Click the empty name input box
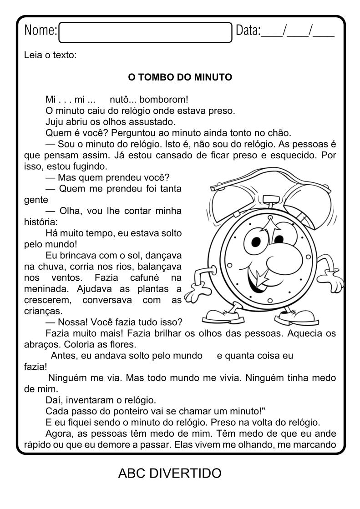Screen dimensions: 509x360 pos(145,32)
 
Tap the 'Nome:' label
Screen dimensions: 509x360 pos(41,31)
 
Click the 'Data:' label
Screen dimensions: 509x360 pos(248,31)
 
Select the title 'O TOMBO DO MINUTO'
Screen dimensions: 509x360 pos(180,77)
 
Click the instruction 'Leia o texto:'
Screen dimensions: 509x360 pos(50,55)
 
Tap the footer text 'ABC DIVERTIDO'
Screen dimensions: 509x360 pos(169,474)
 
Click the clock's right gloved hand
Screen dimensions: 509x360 pos(335,277)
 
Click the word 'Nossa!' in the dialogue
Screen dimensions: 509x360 pos(74,323)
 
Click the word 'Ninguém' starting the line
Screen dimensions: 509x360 pos(68,378)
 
